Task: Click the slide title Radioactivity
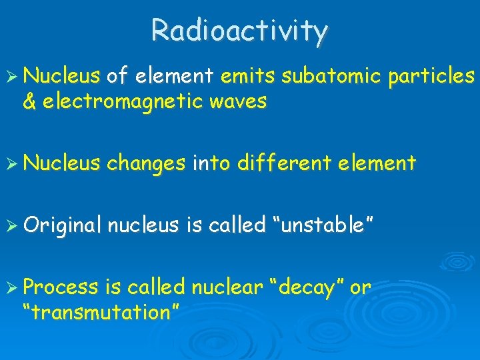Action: [x=240, y=30]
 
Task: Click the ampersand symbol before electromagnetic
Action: [x=29, y=102]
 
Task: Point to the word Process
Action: [x=61, y=287]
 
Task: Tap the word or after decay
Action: [x=360, y=288]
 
